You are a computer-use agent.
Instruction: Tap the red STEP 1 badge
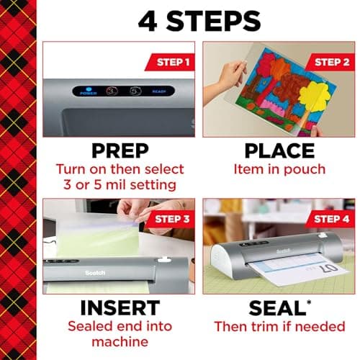point(171,62)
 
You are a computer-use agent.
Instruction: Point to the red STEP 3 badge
point(171,219)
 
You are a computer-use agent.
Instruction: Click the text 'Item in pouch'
point(280,170)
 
